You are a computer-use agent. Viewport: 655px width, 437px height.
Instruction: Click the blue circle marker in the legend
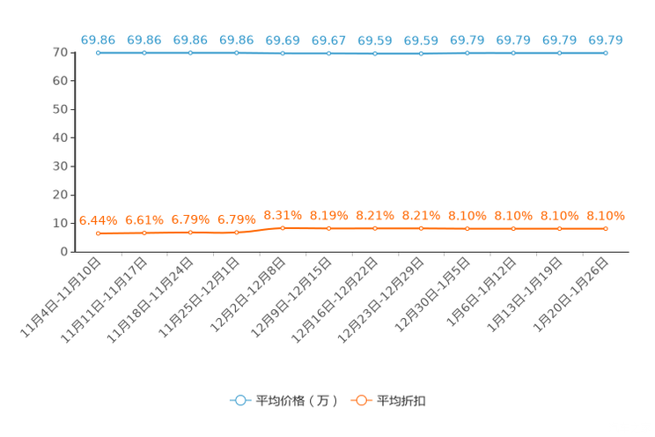240,400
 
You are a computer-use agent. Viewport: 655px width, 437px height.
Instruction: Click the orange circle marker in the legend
361,400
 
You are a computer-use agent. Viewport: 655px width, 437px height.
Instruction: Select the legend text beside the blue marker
297,401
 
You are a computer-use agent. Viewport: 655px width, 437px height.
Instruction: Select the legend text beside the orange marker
402,401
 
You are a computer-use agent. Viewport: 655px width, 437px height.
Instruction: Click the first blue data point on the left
98,53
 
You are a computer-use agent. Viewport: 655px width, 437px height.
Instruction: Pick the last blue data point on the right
606,53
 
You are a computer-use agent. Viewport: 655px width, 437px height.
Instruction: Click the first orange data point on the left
98,233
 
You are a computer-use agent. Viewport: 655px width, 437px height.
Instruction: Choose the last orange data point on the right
606,229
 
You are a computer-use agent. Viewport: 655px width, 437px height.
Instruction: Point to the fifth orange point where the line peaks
283,228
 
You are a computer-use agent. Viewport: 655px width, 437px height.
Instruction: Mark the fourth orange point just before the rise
236,233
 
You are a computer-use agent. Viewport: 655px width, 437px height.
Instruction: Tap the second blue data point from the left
144,53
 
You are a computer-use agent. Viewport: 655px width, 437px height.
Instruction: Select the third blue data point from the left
190,53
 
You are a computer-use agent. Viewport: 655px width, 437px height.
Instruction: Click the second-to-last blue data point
559,53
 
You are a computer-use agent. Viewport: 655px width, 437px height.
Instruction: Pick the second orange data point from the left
144,233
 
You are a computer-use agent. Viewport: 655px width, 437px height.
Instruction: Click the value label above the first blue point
98,40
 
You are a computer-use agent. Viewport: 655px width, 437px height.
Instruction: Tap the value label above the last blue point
606,40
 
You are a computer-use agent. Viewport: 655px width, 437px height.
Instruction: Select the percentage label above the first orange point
98,220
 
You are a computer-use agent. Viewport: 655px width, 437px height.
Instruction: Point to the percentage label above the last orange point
606,214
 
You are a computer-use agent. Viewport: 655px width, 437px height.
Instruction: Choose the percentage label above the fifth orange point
283,214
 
